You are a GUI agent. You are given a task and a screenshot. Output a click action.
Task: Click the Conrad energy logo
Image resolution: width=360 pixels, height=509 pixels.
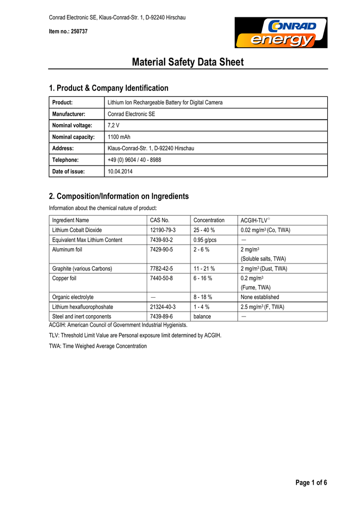tap(281, 32)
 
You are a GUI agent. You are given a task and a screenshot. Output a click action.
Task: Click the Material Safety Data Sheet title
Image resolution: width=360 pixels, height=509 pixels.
tap(188, 62)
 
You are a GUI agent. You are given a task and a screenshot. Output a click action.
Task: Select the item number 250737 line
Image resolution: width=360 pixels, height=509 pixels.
tap(68, 31)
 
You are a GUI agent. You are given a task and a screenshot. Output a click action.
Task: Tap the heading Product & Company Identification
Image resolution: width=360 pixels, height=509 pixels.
tap(108, 88)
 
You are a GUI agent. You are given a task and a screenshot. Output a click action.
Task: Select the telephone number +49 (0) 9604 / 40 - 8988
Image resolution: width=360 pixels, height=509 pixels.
tap(134, 160)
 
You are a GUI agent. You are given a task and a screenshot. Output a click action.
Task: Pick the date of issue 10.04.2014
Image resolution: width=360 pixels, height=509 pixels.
tap(120, 171)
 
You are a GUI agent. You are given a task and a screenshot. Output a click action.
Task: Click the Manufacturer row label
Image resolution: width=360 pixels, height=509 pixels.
tap(69, 114)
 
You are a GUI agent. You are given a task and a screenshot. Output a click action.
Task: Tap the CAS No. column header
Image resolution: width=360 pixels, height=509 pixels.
tap(160, 220)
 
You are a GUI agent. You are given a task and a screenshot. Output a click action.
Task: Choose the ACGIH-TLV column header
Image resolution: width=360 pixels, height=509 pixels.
tap(255, 220)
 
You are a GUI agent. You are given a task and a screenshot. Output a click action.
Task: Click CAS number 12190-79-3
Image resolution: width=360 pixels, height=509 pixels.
tap(163, 230)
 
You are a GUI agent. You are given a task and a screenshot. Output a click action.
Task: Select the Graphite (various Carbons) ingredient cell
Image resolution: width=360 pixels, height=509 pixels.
tap(82, 268)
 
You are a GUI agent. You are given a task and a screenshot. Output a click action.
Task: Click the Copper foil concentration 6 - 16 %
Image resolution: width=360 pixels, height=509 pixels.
tap(203, 278)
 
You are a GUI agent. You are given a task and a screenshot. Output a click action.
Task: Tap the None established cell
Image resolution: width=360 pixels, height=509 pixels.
tap(260, 297)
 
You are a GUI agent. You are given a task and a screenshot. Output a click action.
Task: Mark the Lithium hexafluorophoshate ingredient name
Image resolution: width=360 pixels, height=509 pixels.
tap(83, 307)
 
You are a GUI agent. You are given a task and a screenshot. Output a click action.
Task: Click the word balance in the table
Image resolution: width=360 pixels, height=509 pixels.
tap(202, 317)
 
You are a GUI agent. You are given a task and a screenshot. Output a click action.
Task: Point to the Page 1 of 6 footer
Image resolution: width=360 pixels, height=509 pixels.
tap(311, 483)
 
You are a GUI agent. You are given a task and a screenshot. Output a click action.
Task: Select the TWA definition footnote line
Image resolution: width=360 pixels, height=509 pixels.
tap(98, 346)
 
